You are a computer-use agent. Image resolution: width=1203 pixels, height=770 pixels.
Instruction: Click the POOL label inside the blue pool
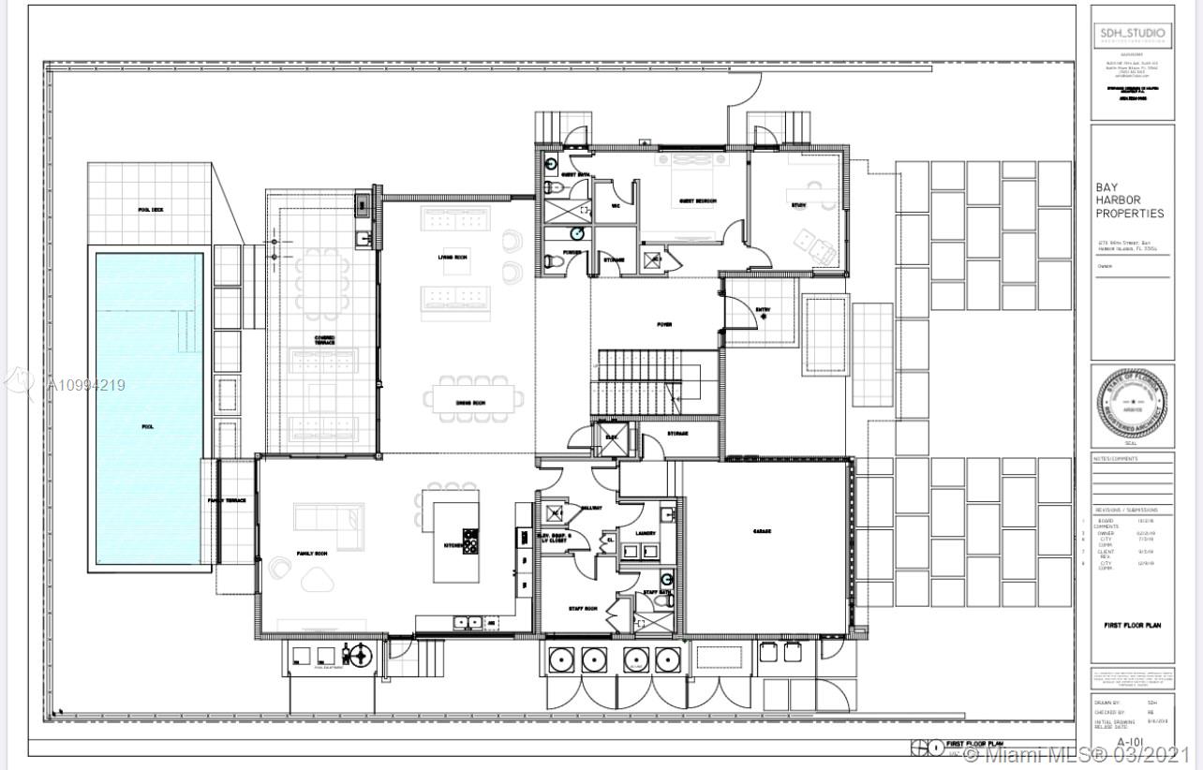pos(147,426)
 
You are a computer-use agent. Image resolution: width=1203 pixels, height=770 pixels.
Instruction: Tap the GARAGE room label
pos(762,531)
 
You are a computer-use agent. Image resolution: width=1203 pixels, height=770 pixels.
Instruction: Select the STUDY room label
pos(798,204)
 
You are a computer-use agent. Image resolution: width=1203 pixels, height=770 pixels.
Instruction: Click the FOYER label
pos(664,324)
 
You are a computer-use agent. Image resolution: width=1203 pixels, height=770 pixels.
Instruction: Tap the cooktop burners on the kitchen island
pos(470,541)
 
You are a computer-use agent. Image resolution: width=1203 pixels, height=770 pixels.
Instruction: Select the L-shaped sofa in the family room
pos(328,525)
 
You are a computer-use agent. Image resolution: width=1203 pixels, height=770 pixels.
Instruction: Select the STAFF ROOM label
pos(583,609)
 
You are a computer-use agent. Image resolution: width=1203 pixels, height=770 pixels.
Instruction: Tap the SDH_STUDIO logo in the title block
pos(1132,36)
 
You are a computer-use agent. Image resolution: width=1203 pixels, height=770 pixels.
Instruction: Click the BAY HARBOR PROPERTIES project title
pos(1129,200)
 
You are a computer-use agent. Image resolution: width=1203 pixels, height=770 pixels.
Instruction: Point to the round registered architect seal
pos(1132,407)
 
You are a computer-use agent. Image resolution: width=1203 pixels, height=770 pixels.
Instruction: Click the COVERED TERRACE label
pos(325,339)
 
